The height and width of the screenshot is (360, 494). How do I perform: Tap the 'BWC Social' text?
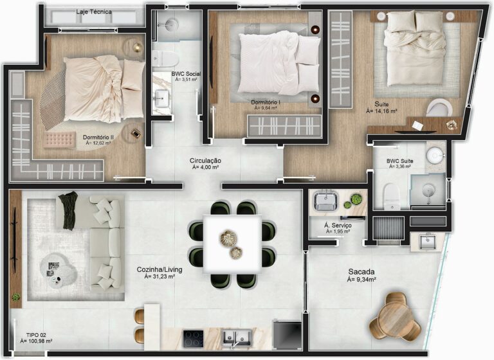click(186, 74)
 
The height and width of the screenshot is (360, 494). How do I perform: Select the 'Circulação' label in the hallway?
click(205, 160)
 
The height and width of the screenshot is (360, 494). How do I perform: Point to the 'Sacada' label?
click(361, 271)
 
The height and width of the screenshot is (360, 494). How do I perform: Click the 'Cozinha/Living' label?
click(159, 269)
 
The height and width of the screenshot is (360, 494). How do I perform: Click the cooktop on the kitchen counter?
click(194, 338)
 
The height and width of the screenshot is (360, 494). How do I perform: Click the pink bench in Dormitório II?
click(59, 139)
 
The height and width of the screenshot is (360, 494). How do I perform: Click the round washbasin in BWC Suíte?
click(435, 155)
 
